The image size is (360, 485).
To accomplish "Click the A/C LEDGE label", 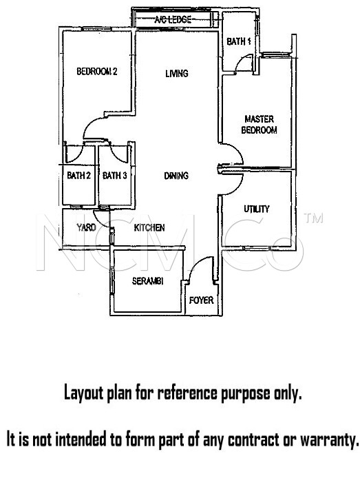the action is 173,20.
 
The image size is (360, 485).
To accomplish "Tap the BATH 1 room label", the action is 239,41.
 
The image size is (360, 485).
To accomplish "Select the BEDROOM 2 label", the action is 97,72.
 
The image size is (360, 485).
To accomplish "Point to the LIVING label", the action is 177,73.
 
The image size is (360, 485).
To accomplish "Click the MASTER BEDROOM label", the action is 259,124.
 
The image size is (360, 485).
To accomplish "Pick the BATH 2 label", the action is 78,176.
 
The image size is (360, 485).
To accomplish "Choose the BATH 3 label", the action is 115,176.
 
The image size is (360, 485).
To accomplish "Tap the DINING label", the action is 176,176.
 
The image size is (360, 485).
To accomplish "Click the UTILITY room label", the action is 257,209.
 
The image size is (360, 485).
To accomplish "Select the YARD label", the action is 86,227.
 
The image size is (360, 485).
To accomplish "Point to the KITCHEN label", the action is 149,227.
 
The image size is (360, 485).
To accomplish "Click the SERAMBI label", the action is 148,281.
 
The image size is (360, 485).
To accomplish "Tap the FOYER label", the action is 201,300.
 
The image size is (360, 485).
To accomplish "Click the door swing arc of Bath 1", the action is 240,60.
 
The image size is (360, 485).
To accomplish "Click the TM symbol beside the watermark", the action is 313,218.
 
